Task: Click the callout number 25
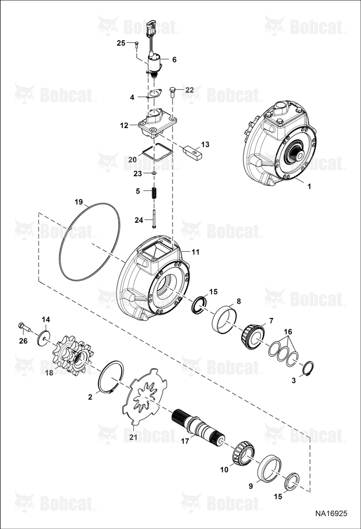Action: click(121, 43)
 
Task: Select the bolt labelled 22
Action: click(173, 92)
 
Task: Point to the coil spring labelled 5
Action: click(154, 193)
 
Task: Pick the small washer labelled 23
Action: click(154, 173)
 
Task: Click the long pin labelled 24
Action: click(154, 218)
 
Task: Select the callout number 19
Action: click(79, 203)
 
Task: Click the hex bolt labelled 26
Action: click(24, 327)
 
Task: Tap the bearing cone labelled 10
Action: click(243, 452)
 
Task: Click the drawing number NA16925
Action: click(331, 514)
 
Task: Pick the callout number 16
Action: click(288, 332)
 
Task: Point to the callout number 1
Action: click(309, 186)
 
